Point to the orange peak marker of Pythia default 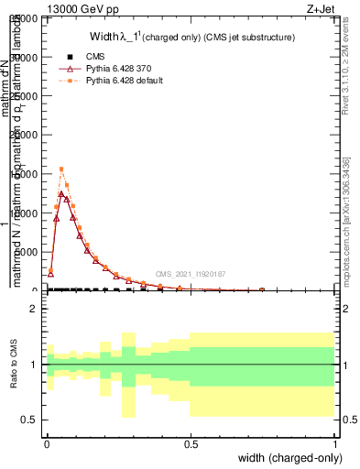61,169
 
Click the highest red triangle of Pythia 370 61,193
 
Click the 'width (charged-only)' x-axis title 287,459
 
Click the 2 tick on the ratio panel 36,310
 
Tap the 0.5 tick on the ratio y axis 32,420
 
